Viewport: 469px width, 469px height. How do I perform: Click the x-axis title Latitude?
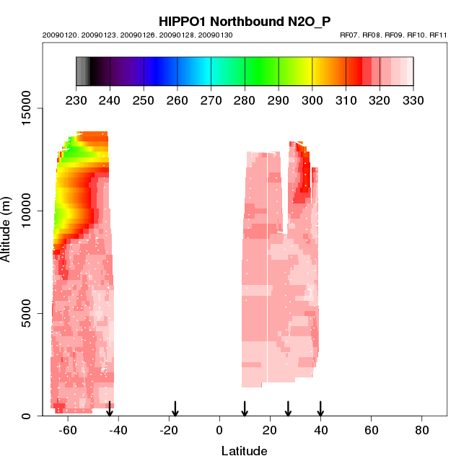coord(244,452)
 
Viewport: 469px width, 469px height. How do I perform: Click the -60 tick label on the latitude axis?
coord(67,431)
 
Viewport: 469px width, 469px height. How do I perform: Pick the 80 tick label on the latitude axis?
coord(422,431)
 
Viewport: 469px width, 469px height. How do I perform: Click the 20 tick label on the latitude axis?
coord(270,431)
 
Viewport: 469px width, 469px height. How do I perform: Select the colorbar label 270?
coord(211,100)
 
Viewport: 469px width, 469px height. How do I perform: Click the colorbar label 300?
coord(312,100)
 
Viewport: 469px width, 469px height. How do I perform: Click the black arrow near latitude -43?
coord(110,409)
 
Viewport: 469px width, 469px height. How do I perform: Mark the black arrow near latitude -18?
coord(175,409)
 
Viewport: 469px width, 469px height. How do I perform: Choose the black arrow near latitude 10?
coord(245,409)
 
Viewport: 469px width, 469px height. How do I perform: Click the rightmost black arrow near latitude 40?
coord(320,409)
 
